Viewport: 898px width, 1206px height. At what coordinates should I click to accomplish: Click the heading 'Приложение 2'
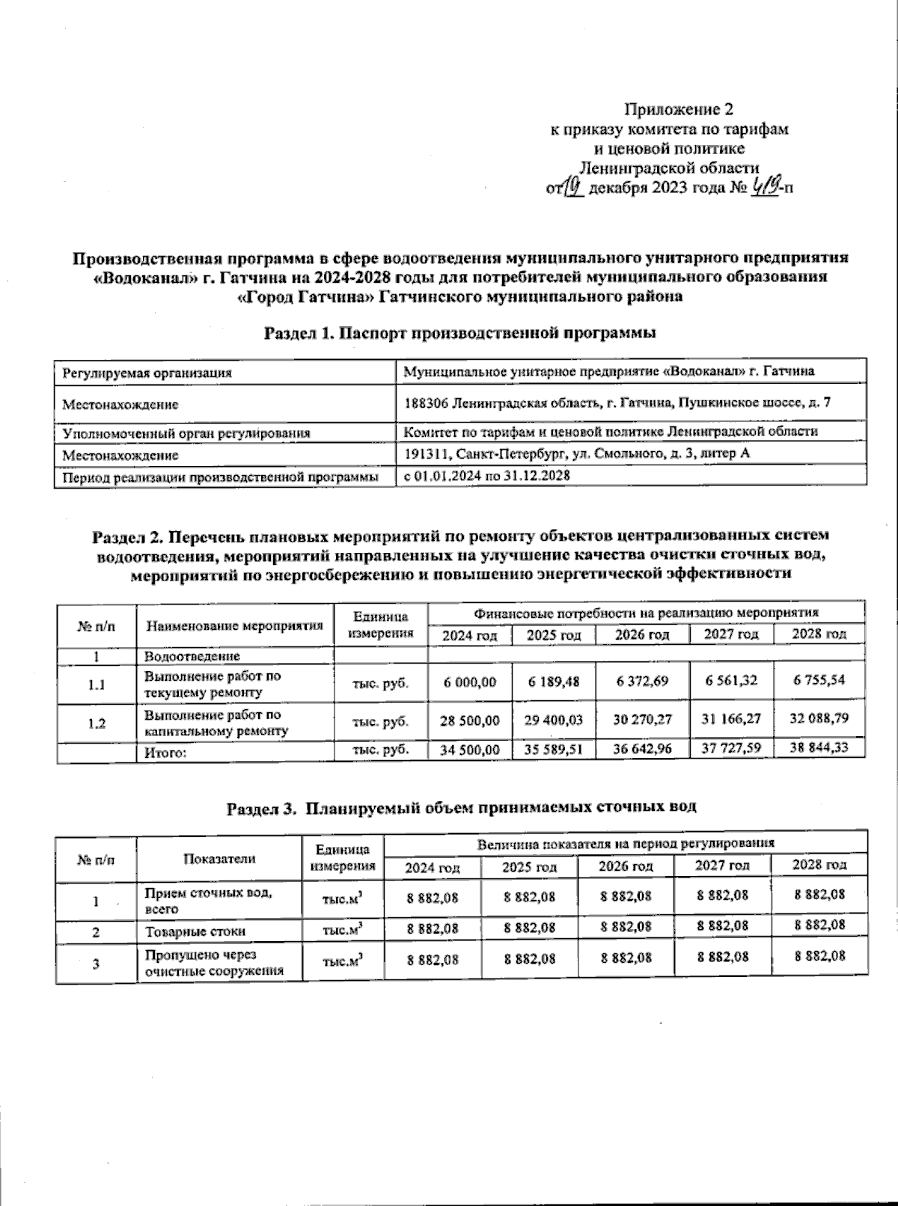678,110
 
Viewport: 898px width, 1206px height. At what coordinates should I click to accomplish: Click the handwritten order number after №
763,186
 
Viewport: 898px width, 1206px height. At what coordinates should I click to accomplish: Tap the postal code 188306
426,402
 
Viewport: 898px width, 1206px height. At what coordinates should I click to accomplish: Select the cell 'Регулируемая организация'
147,373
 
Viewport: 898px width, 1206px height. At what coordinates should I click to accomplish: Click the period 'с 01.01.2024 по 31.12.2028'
486,475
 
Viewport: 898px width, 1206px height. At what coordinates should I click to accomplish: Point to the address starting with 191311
576,453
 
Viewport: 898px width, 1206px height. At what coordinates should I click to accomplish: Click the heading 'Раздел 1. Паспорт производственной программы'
460,333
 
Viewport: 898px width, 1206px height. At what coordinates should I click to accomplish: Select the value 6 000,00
469,682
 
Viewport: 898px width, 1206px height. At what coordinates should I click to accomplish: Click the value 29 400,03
553,720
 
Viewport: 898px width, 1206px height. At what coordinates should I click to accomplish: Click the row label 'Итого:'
165,753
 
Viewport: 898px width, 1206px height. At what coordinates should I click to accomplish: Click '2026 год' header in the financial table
642,634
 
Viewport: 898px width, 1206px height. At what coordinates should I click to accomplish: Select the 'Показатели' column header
219,859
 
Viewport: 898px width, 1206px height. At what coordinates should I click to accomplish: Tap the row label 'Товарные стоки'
195,931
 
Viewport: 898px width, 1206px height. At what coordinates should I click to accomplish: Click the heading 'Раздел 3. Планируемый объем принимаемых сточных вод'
462,807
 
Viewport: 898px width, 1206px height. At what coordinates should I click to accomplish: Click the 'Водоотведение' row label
192,656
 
